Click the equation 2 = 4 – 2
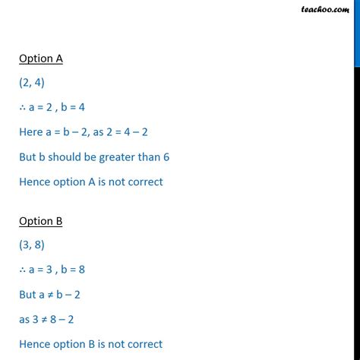[x=122, y=132]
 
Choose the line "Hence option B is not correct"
[x=91, y=344]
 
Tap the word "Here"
[x=31, y=132]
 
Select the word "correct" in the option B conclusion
[x=143, y=344]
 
